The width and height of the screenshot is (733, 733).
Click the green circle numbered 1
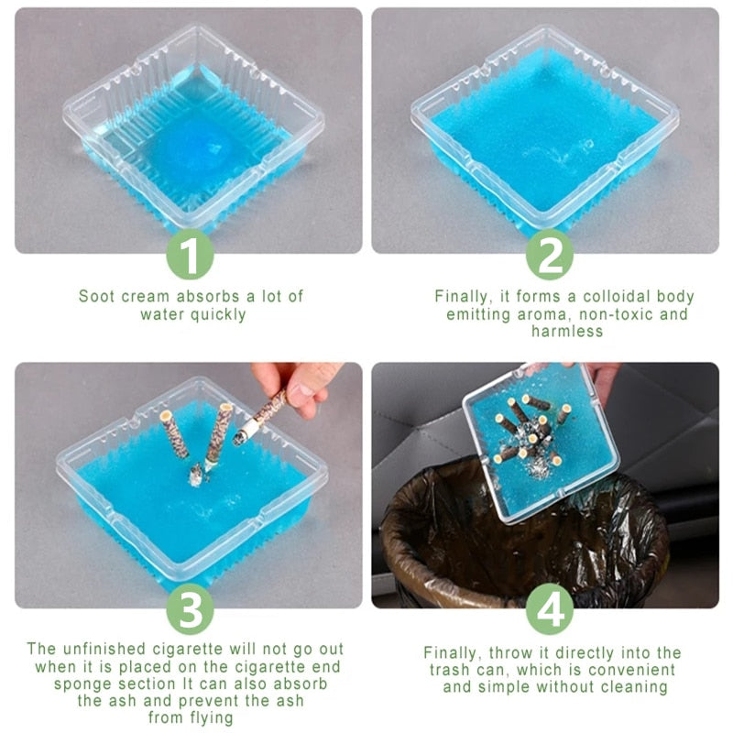(190, 257)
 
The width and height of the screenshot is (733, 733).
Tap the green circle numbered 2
(549, 257)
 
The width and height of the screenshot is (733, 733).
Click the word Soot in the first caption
(97, 296)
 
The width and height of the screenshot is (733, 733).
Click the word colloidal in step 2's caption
(596, 296)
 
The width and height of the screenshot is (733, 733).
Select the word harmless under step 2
(566, 332)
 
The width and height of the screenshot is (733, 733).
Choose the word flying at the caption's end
(207, 719)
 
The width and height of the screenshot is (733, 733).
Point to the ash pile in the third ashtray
(196, 474)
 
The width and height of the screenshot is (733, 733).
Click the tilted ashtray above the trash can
(541, 440)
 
